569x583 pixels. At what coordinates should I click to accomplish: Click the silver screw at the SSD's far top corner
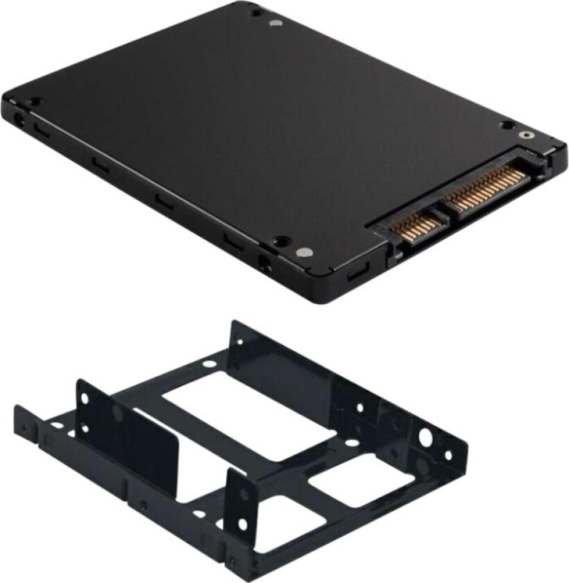point(276,22)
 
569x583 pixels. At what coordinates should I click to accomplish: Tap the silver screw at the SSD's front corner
point(303,253)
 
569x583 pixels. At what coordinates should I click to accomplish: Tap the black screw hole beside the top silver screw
point(256,12)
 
